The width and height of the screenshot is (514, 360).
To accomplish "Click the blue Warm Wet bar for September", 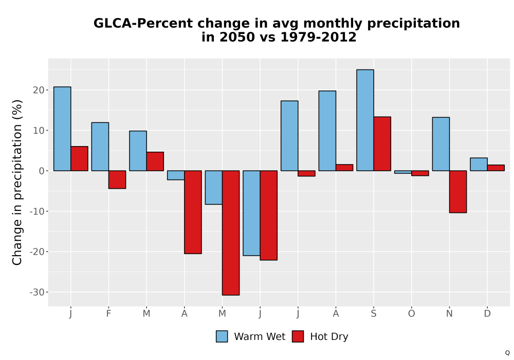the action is click(x=365, y=120).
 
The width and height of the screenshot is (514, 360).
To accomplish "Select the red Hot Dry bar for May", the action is click(x=231, y=233).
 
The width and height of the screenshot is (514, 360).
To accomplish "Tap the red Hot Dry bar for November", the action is click(x=458, y=191).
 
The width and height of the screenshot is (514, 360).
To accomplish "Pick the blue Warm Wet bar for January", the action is click(x=62, y=129).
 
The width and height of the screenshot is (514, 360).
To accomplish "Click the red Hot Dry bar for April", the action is click(x=193, y=212).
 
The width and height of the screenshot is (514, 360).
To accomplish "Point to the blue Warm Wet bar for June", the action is click(x=251, y=213).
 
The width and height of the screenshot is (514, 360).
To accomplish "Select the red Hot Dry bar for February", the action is click(x=117, y=179).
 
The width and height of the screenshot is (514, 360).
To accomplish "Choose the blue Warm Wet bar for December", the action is click(x=479, y=164).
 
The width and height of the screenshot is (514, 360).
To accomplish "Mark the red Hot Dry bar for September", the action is click(x=382, y=143).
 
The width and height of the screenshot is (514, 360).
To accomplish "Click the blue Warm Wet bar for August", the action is click(x=327, y=131).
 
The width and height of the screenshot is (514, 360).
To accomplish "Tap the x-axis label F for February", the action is click(x=108, y=314).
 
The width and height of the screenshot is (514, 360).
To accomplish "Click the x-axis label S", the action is click(x=374, y=314).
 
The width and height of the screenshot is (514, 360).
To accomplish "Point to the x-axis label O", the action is click(x=411, y=314).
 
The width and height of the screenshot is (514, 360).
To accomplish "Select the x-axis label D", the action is click(x=487, y=314).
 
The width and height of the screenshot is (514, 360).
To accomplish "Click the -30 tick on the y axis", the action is click(x=36, y=292).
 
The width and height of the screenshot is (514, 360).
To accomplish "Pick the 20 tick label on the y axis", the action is click(x=39, y=90).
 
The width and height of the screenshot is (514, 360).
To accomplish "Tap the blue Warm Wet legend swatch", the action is click(x=222, y=336).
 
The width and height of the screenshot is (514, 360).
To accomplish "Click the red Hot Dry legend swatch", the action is click(x=298, y=336).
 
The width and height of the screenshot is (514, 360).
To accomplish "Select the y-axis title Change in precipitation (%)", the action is click(x=17, y=182).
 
